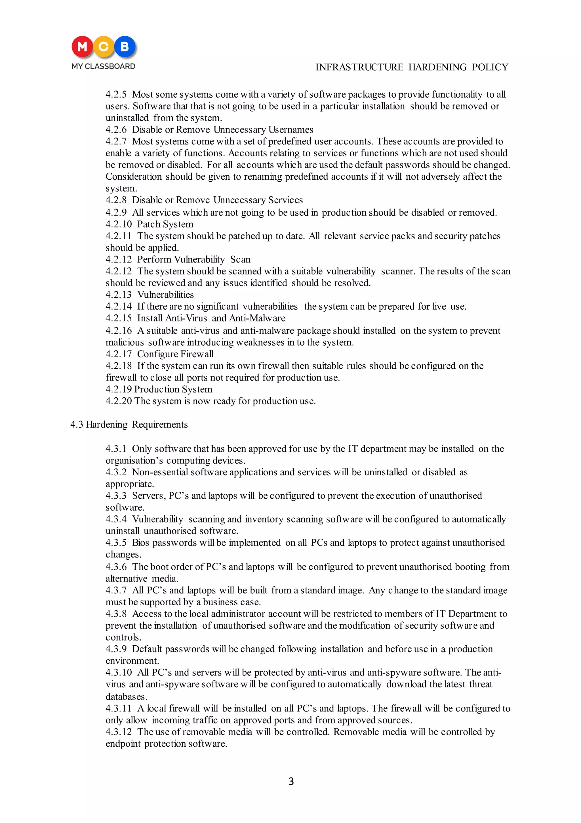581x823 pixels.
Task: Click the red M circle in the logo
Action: click(x=82, y=47)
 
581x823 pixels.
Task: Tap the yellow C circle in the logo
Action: click(x=104, y=47)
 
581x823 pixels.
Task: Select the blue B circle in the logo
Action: click(x=125, y=47)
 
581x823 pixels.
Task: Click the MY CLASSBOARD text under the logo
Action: click(x=103, y=66)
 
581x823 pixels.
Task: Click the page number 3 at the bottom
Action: click(x=291, y=781)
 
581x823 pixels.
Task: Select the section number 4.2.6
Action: click(x=116, y=129)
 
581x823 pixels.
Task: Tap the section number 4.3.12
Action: click(x=119, y=732)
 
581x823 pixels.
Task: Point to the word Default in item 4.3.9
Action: click(x=147, y=649)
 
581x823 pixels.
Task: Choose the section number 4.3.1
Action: click(x=116, y=449)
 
